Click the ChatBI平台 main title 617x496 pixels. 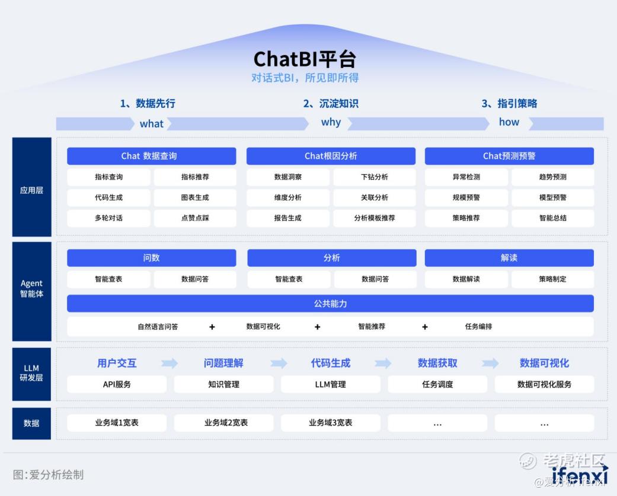click(305, 59)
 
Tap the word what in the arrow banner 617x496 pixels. click(151, 124)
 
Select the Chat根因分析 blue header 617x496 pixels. click(331, 156)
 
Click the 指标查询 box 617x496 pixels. click(108, 177)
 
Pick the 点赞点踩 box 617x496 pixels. click(195, 218)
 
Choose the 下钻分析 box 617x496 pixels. click(374, 177)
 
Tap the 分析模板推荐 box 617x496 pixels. click(374, 218)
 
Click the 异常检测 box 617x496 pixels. click(466, 177)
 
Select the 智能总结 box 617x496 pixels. click(552, 218)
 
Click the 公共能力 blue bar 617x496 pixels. click(330, 303)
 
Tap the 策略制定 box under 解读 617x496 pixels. click(552, 279)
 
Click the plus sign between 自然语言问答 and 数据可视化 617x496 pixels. click(212, 327)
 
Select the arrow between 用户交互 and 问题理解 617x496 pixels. click(170, 363)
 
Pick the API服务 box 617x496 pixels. click(117, 385)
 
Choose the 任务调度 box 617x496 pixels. click(437, 385)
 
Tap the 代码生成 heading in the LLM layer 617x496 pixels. click(330, 363)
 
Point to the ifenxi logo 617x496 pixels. click(580, 474)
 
